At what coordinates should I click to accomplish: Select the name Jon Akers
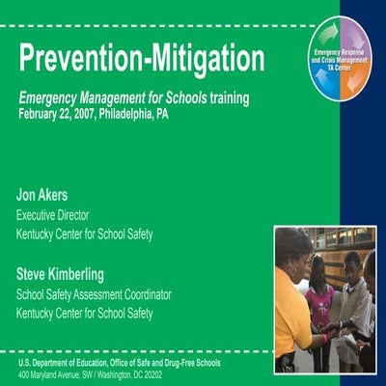[41, 196]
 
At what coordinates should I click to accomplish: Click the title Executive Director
[60, 216]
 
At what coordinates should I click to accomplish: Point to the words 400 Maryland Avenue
[52, 373]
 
